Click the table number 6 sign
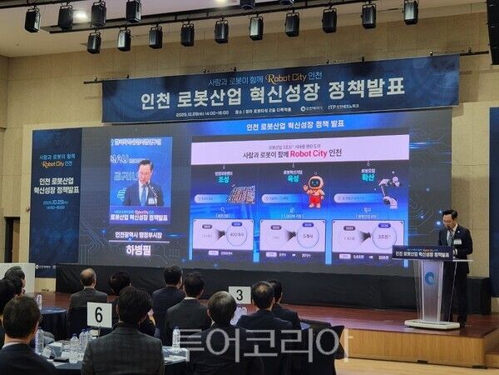pyautogui.click(x=99, y=314)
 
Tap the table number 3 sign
pyautogui.click(x=240, y=294)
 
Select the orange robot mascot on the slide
pyautogui.click(x=314, y=190)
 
